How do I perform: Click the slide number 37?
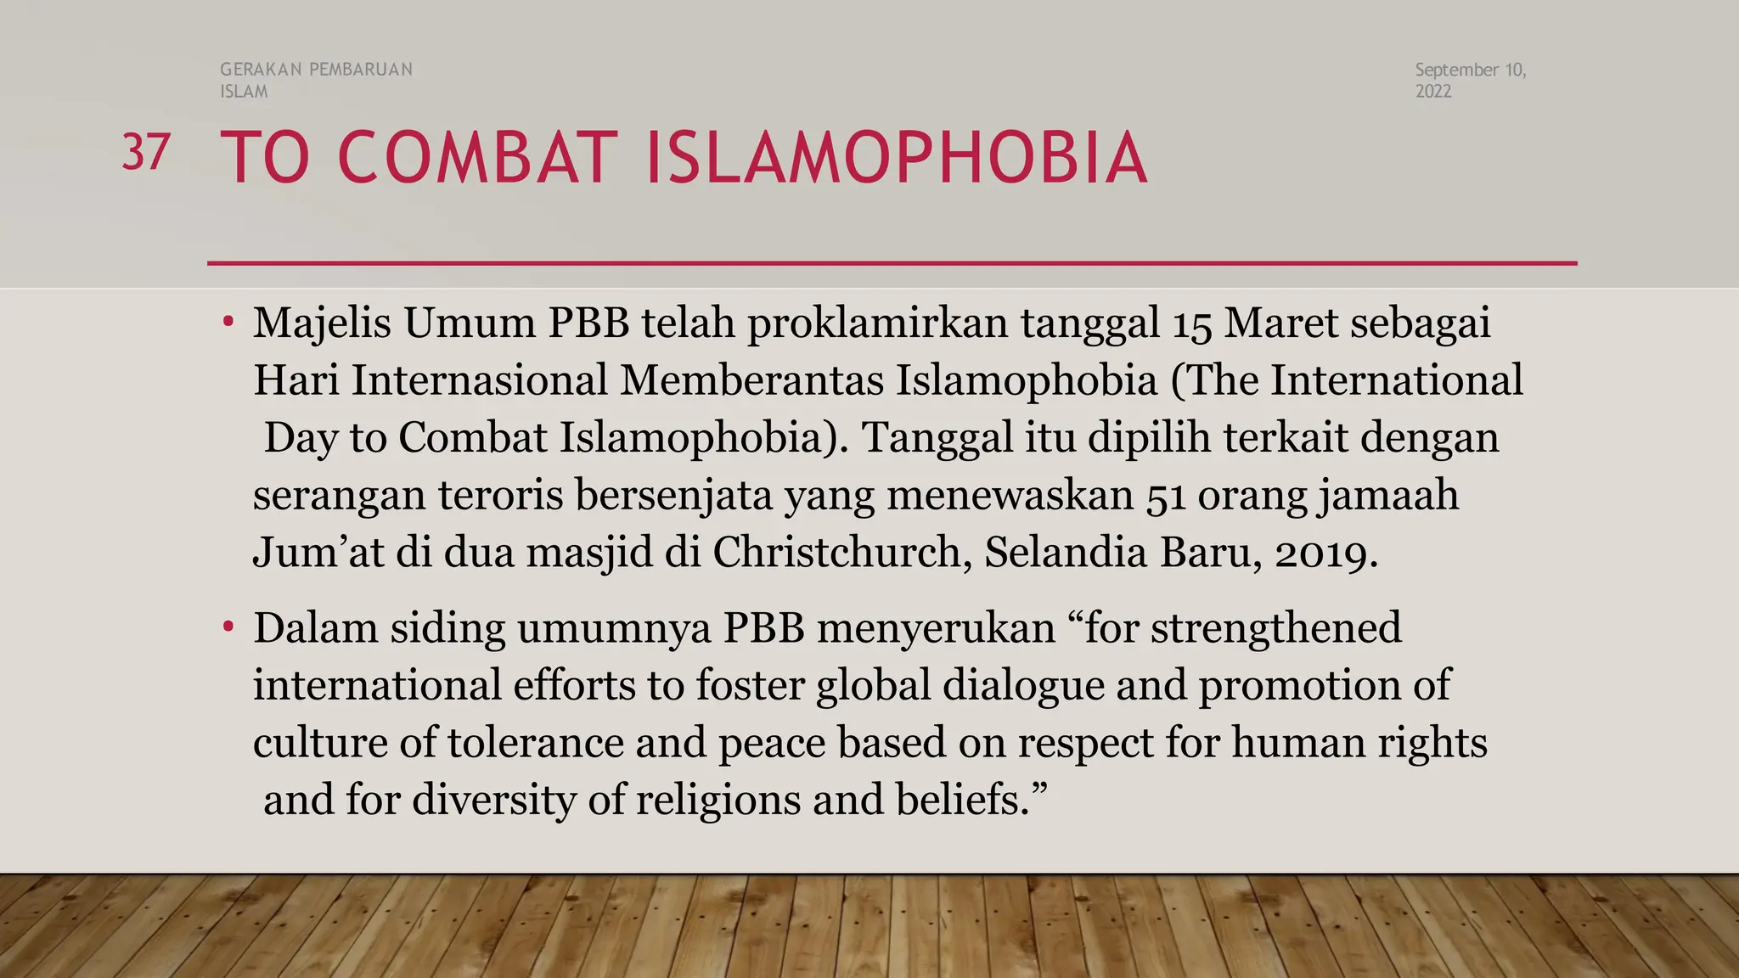click(146, 153)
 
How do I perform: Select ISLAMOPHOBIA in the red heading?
click(897, 158)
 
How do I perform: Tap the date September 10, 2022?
click(1470, 81)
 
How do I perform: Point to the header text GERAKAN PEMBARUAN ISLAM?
click(316, 81)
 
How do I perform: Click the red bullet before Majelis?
click(228, 323)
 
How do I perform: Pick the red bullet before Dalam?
click(228, 628)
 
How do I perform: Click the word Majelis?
click(322, 324)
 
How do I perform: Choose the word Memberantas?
click(751, 380)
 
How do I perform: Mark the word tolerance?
click(535, 743)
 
